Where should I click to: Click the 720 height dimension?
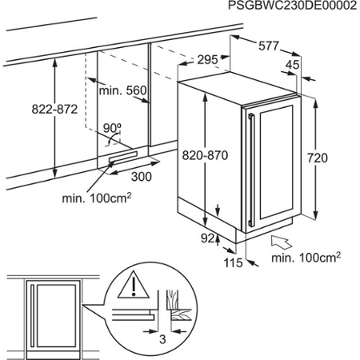coord(318,158)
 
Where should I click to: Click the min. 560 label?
coord(123,91)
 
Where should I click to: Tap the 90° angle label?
coord(111,127)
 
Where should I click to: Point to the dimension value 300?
coord(142,176)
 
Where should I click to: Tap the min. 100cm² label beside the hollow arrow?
coord(306,257)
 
